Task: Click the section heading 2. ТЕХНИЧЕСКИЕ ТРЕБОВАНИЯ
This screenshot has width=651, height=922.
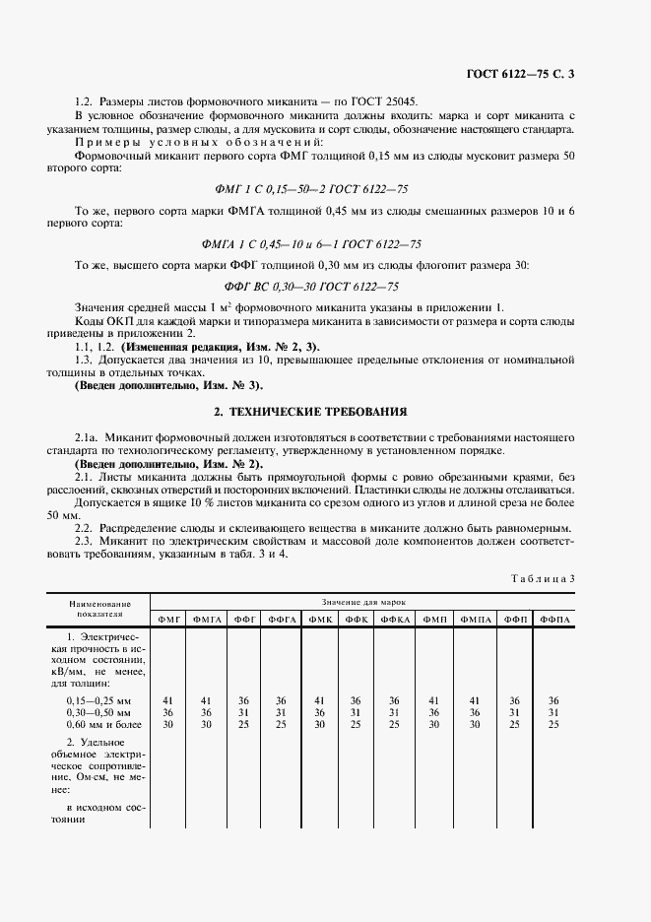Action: [325, 410]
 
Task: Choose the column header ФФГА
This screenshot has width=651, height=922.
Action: [281, 619]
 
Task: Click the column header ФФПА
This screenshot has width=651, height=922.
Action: [553, 619]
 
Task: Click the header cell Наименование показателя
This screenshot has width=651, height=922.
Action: [99, 608]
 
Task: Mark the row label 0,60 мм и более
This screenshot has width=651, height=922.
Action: [98, 725]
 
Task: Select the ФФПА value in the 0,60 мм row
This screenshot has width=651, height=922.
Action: [553, 725]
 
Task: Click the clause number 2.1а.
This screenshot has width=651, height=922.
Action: [87, 436]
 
